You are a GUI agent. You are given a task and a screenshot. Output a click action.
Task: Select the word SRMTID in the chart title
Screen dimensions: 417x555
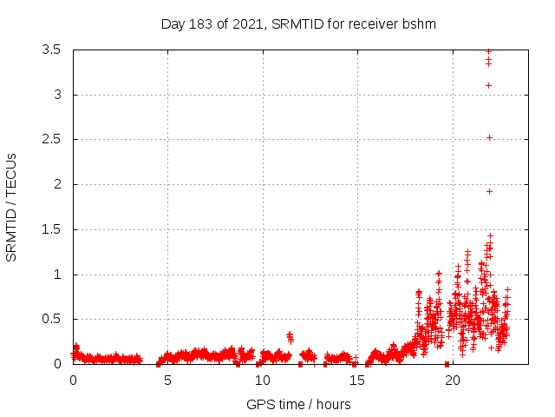point(297,23)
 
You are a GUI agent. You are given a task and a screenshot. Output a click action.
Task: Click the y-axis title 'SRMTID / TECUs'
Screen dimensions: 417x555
point(11,207)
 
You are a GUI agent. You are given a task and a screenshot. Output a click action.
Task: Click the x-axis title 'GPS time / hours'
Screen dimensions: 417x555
point(298,404)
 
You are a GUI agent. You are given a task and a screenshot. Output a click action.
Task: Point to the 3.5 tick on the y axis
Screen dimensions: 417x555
point(51,50)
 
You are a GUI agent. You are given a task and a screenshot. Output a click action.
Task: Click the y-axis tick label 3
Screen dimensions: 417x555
point(58,95)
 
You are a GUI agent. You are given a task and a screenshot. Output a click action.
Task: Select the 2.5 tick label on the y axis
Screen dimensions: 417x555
point(51,139)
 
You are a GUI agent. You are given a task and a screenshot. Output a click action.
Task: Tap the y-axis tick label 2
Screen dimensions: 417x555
point(58,184)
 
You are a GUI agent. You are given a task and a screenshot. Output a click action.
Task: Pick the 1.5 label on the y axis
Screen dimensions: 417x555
point(51,229)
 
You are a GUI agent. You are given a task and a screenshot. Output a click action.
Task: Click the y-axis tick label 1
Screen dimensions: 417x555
point(58,275)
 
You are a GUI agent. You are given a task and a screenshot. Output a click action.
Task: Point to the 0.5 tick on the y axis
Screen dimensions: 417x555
point(51,319)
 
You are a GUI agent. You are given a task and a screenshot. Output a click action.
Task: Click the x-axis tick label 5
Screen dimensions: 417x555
point(167,380)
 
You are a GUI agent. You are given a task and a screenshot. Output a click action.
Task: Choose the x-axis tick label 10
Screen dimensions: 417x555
point(263,380)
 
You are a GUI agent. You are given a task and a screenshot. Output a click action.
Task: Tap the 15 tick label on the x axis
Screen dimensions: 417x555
point(357,380)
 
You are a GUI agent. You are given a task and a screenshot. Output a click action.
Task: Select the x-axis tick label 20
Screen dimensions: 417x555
point(453,380)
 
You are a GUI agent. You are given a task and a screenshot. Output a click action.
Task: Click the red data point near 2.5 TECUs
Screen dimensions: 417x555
point(489,137)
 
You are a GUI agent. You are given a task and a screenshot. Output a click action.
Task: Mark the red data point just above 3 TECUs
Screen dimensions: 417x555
point(489,85)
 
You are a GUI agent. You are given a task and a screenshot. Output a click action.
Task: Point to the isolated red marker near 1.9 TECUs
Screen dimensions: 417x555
point(489,191)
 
